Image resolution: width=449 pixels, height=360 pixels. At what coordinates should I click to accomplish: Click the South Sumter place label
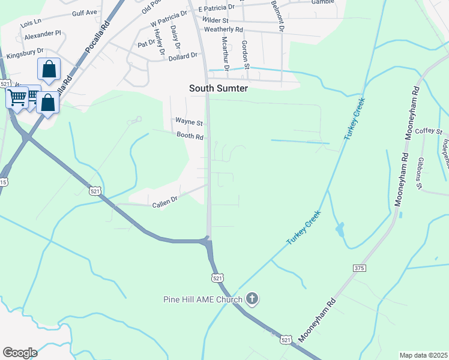point(218,88)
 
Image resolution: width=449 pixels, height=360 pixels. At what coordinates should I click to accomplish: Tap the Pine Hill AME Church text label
point(202,299)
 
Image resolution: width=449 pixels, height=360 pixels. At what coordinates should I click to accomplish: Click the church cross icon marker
point(252,298)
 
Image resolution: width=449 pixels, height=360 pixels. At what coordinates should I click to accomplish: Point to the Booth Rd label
point(190,137)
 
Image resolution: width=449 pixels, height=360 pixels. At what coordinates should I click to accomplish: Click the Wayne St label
point(189,122)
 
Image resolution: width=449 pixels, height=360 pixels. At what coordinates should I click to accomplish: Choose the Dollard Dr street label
point(183,56)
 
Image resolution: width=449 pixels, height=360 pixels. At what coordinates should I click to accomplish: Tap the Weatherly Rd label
point(223,29)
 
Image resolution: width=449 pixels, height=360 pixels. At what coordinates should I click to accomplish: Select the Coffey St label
point(429,131)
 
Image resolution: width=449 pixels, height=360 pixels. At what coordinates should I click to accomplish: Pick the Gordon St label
point(244,53)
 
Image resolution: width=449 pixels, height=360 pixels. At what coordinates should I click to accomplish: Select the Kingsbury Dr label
point(26,54)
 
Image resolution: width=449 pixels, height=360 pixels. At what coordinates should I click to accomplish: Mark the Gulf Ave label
point(84,12)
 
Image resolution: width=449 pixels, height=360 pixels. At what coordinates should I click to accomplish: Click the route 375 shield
point(360,268)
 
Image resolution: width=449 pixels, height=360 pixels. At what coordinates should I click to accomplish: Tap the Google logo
point(20,352)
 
